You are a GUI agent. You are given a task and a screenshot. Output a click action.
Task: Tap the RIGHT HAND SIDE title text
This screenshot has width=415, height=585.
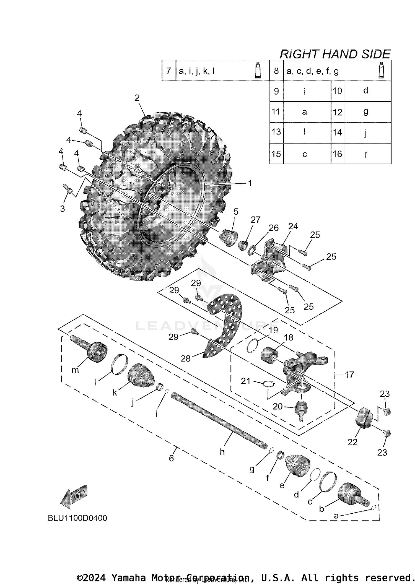[x=335, y=54]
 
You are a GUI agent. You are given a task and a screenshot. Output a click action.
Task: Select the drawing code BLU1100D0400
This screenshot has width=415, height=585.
[x=77, y=518]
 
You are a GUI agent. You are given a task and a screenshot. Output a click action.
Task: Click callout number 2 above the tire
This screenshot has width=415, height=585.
[x=137, y=98]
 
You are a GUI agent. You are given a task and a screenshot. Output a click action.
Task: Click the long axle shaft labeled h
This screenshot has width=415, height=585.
[x=219, y=421]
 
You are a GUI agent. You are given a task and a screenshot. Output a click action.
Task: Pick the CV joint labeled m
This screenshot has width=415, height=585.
[x=96, y=351]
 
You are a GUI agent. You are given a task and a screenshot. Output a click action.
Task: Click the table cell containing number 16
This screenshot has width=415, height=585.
[x=338, y=154]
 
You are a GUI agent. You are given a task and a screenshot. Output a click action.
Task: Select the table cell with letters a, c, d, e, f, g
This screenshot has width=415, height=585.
[x=313, y=71]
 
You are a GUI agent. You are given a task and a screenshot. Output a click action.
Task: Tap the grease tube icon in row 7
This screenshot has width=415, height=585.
[x=258, y=71]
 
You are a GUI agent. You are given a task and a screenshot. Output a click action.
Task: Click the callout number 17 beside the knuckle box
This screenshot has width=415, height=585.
[x=349, y=375]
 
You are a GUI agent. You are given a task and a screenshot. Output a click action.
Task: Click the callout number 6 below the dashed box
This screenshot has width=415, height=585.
[x=172, y=458]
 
